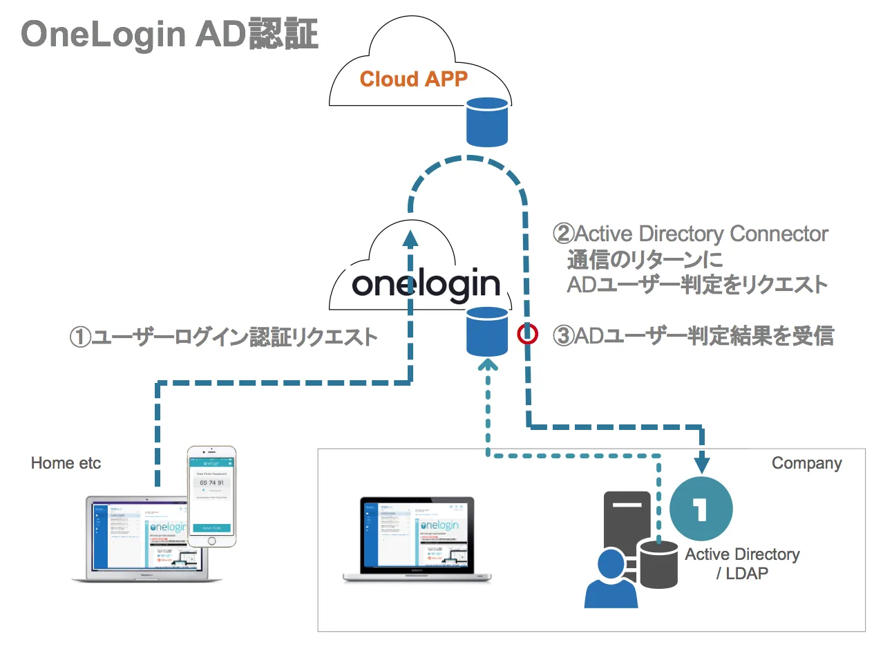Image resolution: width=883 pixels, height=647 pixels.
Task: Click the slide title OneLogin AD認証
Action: pyautogui.click(x=170, y=33)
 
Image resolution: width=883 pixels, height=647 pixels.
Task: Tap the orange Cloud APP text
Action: pyautogui.click(x=413, y=79)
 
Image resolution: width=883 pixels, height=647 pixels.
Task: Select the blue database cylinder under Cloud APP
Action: pyautogui.click(x=487, y=122)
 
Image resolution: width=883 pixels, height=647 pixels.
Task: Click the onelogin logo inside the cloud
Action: pyautogui.click(x=425, y=284)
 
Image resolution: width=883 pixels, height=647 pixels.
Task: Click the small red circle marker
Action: pyautogui.click(x=528, y=335)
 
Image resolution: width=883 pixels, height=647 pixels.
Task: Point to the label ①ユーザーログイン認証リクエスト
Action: pyautogui.click(x=224, y=337)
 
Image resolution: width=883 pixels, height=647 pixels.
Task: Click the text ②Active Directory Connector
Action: pyautogui.click(x=691, y=234)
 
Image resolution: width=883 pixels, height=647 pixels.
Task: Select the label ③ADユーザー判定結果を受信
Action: pyautogui.click(x=694, y=337)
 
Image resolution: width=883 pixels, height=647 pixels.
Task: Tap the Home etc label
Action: pyautogui.click(x=66, y=463)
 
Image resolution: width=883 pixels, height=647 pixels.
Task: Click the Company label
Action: pyautogui.click(x=806, y=463)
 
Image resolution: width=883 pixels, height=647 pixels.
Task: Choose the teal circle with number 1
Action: pyautogui.click(x=701, y=509)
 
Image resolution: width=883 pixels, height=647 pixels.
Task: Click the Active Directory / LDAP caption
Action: pyautogui.click(x=742, y=563)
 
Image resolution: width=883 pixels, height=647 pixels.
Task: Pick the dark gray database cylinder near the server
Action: pyautogui.click(x=658, y=563)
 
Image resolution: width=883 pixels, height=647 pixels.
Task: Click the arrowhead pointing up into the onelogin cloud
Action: pyautogui.click(x=411, y=239)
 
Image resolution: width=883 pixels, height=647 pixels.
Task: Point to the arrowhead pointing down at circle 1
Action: pyautogui.click(x=703, y=461)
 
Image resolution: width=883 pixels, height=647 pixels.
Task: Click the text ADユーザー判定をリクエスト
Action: pyautogui.click(x=696, y=284)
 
